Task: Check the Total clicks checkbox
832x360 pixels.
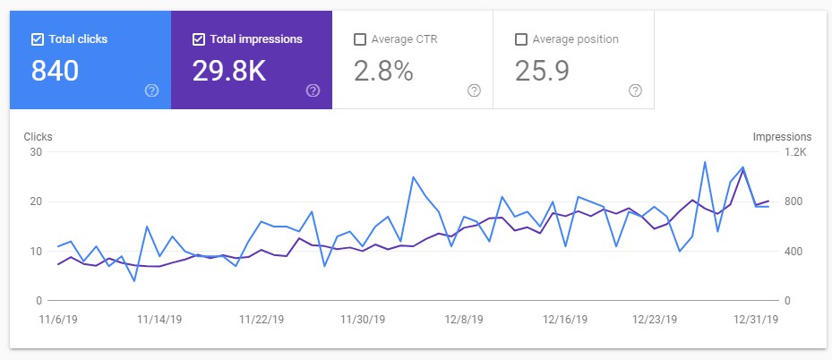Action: click(37, 39)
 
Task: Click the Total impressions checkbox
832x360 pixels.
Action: click(198, 39)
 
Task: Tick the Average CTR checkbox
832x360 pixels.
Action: click(359, 39)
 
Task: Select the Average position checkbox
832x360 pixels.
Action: click(520, 39)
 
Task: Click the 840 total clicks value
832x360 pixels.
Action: click(55, 72)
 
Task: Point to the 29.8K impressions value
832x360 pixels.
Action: click(229, 72)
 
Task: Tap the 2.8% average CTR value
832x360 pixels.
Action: click(383, 72)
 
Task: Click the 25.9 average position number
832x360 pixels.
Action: click(542, 72)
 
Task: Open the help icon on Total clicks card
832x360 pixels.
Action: click(151, 90)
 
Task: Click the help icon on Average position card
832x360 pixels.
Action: click(635, 90)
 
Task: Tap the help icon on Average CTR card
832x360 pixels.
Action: click(474, 90)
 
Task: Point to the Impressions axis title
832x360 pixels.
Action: click(782, 137)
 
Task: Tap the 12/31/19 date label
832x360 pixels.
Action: click(756, 319)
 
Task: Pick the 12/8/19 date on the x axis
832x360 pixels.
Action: click(464, 319)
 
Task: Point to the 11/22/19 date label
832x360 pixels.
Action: click(262, 319)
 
